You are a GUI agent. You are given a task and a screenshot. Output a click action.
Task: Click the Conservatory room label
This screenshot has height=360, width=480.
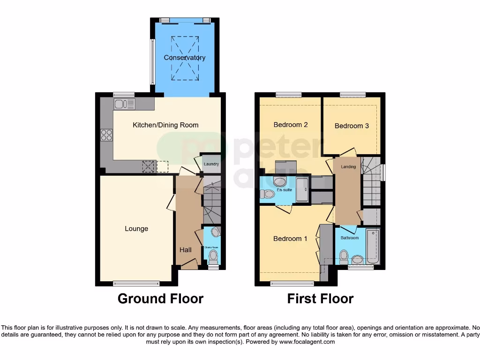pyautogui.click(x=185, y=58)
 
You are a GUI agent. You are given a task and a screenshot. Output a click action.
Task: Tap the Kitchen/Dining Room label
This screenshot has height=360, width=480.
pyautogui.click(x=165, y=125)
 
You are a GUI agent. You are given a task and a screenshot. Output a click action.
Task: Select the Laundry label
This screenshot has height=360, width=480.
pyautogui.click(x=211, y=164)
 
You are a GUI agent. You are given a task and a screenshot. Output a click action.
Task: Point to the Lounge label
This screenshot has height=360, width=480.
pyautogui.click(x=136, y=229)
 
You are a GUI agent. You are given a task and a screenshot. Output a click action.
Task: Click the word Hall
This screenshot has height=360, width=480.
pyautogui.click(x=185, y=250)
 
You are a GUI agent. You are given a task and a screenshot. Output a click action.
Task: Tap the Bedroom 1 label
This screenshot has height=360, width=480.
pyautogui.click(x=290, y=239)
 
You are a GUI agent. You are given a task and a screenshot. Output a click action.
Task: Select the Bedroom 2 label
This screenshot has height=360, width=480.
pyautogui.click(x=291, y=125)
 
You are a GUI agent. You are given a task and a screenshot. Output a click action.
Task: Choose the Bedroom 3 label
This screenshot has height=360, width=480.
pyautogui.click(x=352, y=126)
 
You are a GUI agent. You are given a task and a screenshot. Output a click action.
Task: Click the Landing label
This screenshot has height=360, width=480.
pyautogui.click(x=348, y=167)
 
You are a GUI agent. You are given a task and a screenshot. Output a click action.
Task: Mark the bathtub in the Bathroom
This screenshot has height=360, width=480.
pyautogui.click(x=373, y=246)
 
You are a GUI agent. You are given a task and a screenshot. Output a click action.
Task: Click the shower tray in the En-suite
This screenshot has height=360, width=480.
pyautogui.click(x=302, y=189)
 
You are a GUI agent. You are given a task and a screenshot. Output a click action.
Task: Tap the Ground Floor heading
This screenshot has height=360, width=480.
pyautogui.click(x=160, y=299)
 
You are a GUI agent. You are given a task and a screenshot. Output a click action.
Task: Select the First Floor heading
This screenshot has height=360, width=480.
pyautogui.click(x=320, y=299)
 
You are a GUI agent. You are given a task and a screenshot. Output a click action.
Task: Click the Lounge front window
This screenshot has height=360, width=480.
pyautogui.click(x=136, y=283)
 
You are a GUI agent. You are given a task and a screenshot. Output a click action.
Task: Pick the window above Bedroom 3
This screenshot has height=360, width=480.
pyautogui.click(x=353, y=95)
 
